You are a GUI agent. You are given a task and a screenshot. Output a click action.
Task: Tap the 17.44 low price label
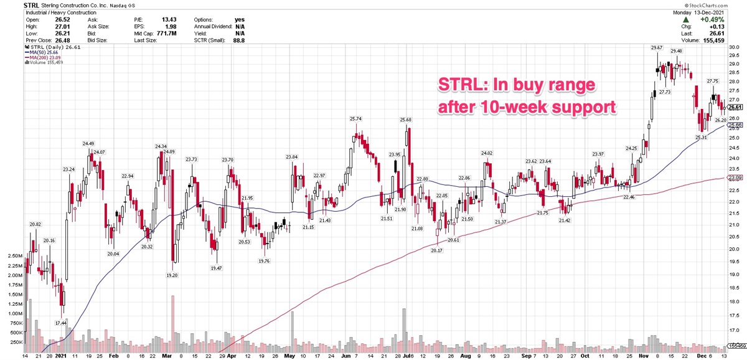pos(61,323)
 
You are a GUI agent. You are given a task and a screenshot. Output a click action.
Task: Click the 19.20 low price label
pos(172,275)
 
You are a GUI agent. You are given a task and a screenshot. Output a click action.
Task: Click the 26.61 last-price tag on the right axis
pos(736,107)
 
